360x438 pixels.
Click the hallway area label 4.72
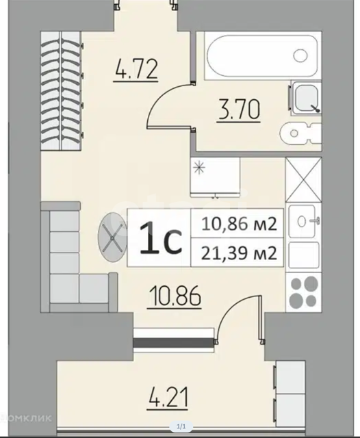point(136,69)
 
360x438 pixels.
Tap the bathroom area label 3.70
point(239,109)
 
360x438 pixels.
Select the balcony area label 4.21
point(167,397)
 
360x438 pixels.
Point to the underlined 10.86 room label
point(175,296)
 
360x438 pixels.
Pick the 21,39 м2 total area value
point(239,253)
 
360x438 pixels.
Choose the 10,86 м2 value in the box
point(239,224)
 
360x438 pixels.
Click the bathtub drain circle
point(300,55)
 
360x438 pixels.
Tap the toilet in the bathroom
point(300,133)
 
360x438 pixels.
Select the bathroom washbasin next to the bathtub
point(306,98)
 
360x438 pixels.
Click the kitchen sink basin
point(302,222)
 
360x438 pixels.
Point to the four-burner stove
point(304,290)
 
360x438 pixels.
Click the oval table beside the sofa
point(112,237)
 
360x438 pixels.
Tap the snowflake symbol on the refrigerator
point(199,168)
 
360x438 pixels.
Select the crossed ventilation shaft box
point(304,179)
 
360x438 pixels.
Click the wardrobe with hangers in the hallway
point(62,91)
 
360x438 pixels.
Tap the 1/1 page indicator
point(181,426)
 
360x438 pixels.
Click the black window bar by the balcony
point(173,342)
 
